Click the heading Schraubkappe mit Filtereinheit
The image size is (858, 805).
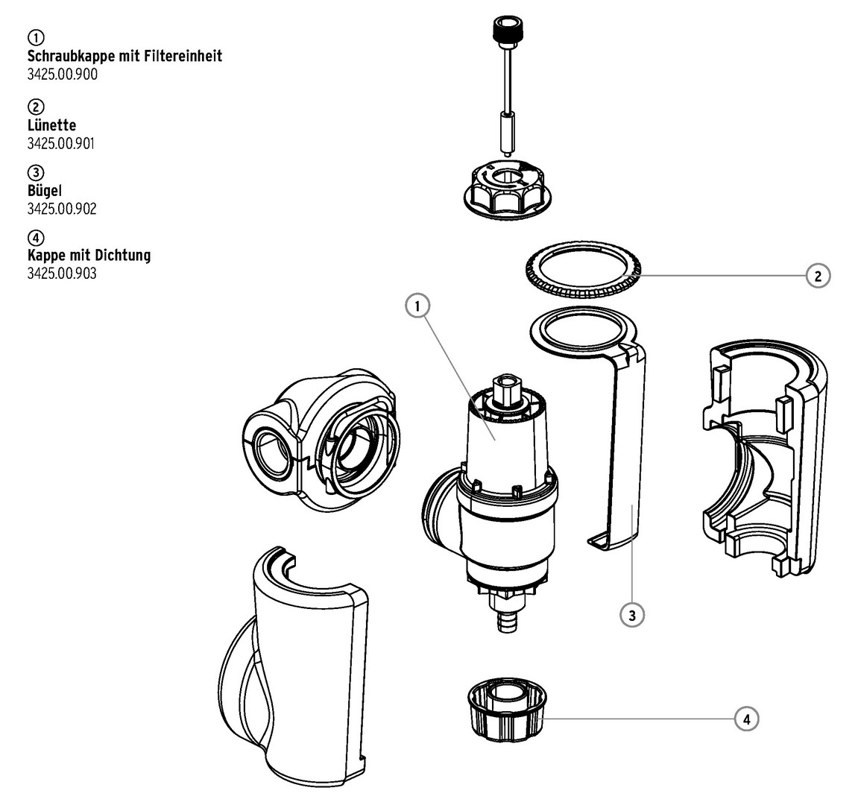124,56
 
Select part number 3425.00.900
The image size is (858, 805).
62,74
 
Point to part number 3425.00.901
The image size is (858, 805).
61,143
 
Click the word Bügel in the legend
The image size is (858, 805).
44,190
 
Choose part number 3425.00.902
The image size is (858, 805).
62,209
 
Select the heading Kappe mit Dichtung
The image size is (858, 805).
89,255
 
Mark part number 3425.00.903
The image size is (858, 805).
62,274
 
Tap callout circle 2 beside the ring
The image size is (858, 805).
818,276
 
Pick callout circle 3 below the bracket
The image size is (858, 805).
631,615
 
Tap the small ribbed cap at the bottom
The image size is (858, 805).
505,713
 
